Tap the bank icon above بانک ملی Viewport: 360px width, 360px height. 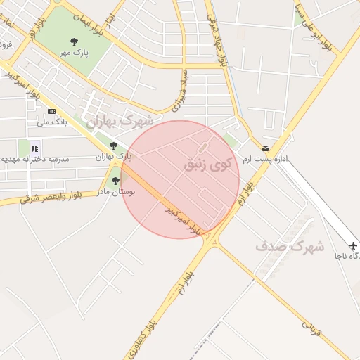pos(51,111)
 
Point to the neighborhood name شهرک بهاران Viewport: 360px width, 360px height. pos(120,122)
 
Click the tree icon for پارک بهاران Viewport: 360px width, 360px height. pos(113,146)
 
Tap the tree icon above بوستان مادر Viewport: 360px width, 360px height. pos(115,181)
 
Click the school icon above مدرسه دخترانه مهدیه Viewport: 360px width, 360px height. pos(34,148)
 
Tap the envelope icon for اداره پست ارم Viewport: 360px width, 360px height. pos(265,148)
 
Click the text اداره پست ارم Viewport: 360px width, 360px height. pos(266,160)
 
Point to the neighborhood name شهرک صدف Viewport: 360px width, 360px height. pos(290,247)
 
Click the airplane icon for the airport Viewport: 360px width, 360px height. pos(353,245)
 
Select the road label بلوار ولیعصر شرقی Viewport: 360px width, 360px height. pos(51,194)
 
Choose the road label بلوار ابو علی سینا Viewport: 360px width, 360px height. pos(314,28)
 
